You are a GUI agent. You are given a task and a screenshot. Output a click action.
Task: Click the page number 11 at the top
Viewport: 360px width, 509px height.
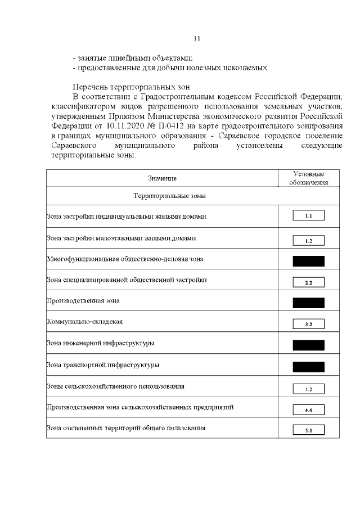[196, 38]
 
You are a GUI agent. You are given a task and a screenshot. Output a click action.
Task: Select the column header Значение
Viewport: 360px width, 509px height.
[162, 178]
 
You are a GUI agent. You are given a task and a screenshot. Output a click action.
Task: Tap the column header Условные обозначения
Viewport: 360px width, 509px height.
[308, 178]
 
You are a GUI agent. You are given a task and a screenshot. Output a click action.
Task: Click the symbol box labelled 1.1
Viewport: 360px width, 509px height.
[308, 216]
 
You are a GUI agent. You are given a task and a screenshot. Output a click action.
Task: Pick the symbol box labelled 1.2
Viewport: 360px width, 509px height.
[308, 241]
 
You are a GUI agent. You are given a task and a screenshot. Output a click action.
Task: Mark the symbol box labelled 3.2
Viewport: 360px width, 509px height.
[308, 324]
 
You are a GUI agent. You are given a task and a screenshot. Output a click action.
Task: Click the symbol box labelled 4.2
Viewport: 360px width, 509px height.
[308, 389]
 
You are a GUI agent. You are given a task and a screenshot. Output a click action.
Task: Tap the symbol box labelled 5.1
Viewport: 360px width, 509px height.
[308, 431]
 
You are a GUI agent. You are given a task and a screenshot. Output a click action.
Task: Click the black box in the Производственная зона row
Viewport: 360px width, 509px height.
[308, 303]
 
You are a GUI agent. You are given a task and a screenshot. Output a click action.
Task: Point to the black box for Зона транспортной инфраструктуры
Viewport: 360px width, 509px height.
[308, 367]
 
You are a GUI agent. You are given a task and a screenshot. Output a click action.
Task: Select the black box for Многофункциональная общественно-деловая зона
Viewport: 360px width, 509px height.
[308, 261]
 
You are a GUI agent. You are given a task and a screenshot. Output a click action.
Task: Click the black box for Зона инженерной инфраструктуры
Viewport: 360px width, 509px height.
[308, 345]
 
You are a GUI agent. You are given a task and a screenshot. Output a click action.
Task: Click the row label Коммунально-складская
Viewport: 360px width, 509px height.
[84, 322]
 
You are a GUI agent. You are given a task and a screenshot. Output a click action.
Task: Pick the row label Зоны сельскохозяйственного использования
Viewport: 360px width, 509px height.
[115, 386]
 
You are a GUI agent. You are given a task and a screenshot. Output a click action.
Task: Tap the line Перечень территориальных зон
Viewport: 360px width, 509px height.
[132, 87]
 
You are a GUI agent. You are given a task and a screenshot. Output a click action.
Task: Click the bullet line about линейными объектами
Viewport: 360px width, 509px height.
[133, 57]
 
